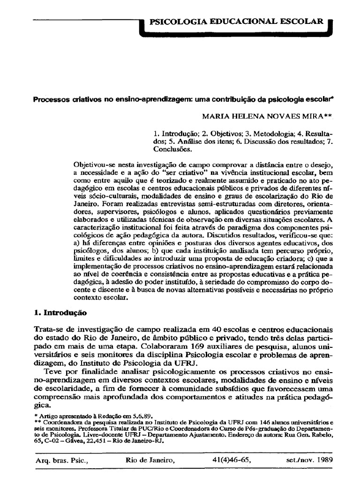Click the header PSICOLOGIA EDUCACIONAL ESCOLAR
tap(236, 22)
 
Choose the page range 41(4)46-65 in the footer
tap(232, 460)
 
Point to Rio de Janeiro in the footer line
tap(150, 460)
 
